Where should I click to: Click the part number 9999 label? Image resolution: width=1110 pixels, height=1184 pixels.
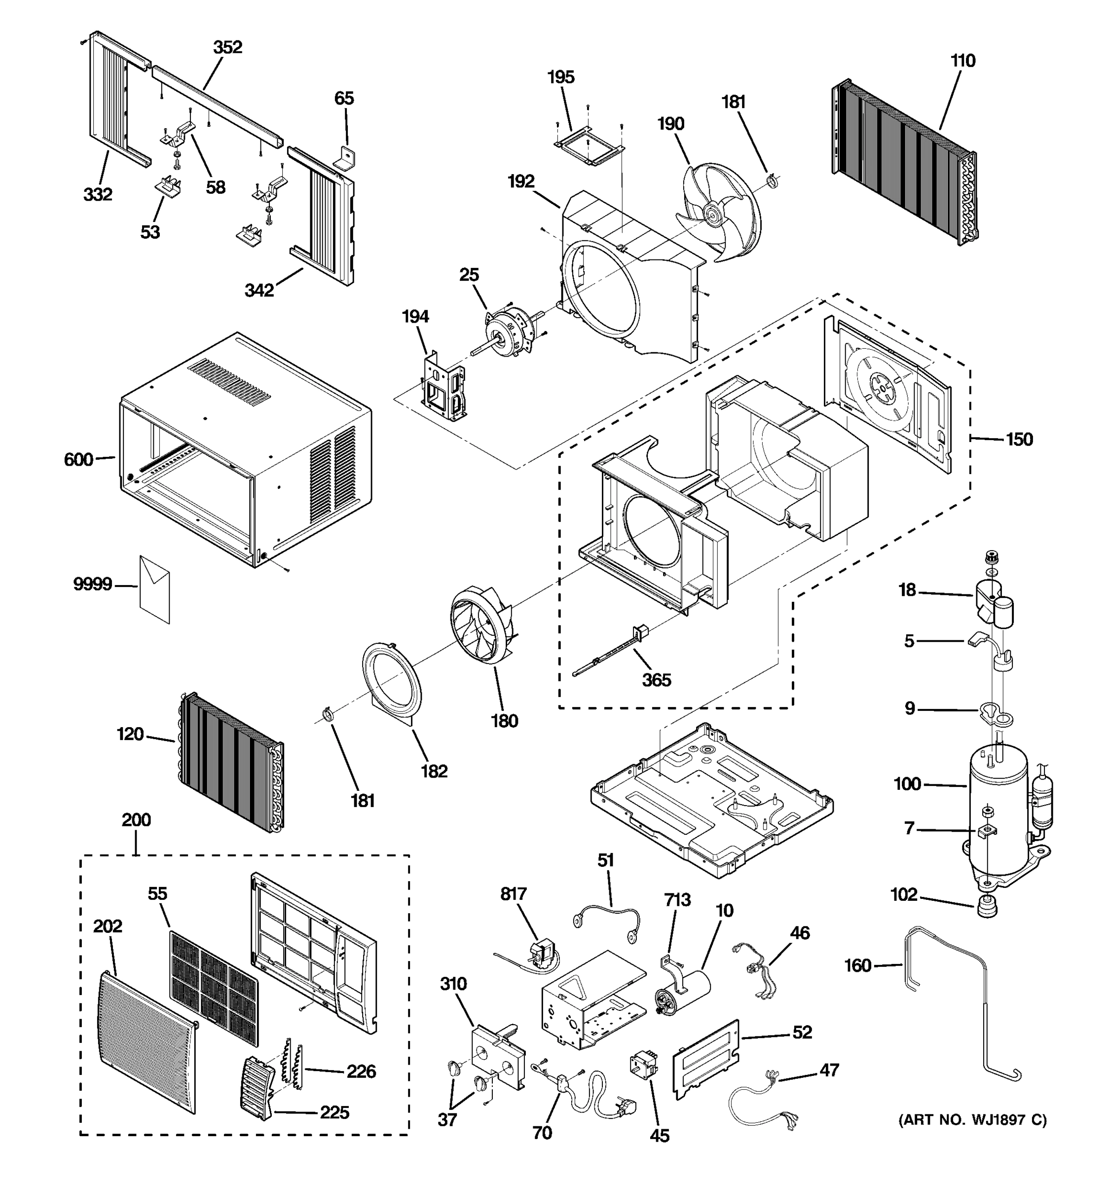point(92,584)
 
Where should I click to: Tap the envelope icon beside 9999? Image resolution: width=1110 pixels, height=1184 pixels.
point(155,590)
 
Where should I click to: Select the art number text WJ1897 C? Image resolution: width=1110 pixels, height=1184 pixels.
point(972,1120)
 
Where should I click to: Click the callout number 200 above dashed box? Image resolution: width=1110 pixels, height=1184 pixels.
point(136,820)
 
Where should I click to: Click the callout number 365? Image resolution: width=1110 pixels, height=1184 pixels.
point(656,680)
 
